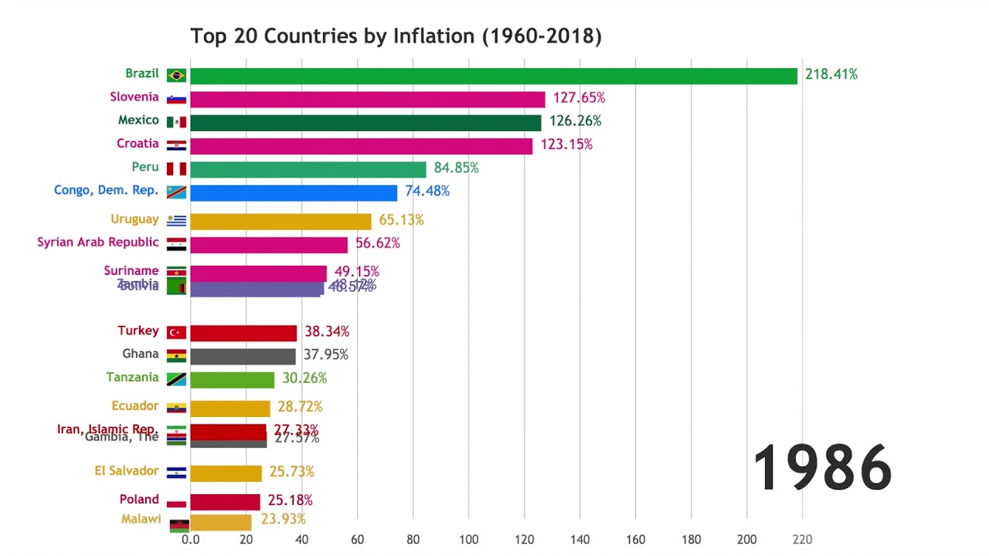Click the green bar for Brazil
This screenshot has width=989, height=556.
tap(493, 76)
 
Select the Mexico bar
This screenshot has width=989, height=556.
tap(365, 123)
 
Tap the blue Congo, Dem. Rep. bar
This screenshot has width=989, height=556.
tap(294, 193)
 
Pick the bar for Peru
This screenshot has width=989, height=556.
tap(308, 170)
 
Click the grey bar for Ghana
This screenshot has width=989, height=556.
tap(243, 357)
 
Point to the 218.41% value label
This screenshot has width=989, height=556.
tap(831, 75)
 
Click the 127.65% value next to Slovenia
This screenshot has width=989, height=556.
tap(579, 98)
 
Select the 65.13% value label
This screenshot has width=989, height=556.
tap(401, 220)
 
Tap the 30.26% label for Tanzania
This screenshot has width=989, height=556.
tap(304, 378)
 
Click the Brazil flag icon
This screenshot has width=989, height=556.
tap(176, 76)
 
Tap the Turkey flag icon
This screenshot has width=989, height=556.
tap(176, 333)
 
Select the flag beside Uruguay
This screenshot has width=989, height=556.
tap(176, 221)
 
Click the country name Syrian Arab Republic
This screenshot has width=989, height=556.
tap(98, 242)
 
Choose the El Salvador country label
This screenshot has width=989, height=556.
tap(127, 471)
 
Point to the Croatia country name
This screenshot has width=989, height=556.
tap(138, 144)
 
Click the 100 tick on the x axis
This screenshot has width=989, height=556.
tap(468, 540)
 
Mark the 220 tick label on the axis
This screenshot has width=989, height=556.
tap(802, 540)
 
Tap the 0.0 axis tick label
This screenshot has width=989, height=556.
tap(190, 540)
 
